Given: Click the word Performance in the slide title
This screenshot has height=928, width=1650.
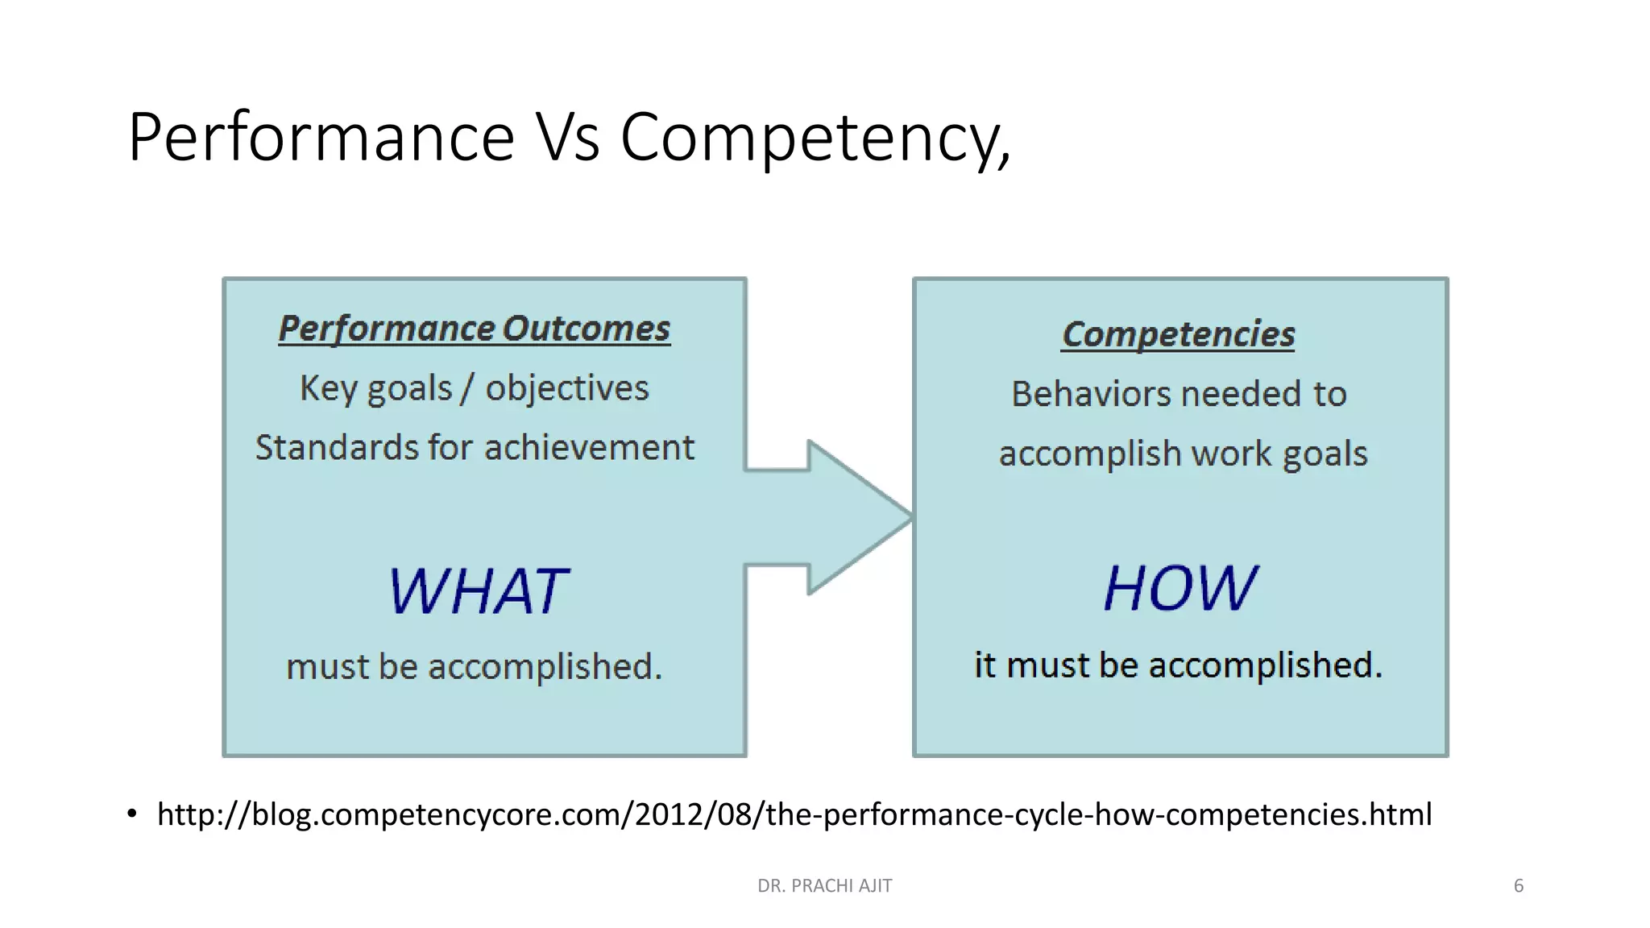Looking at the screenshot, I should click(321, 139).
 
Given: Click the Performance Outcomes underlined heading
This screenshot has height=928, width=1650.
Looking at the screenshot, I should click(474, 329).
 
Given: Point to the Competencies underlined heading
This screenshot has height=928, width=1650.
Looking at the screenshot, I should click(1178, 334).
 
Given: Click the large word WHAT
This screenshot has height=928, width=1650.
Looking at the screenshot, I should click(479, 591).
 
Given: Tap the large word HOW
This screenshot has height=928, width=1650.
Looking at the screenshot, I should click(1179, 587).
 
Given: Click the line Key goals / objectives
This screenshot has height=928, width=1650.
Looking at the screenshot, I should click(474, 388).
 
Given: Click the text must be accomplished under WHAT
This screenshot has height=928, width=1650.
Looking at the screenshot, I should click(474, 667).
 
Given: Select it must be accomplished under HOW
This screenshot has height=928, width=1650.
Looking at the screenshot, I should click(1178, 665).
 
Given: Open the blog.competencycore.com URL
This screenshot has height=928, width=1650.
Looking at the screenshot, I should click(794, 814).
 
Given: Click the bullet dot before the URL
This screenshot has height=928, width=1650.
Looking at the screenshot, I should click(132, 814).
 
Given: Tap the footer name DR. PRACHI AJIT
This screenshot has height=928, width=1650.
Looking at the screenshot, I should click(824, 886).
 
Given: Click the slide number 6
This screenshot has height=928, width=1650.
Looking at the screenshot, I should click(1518, 886).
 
